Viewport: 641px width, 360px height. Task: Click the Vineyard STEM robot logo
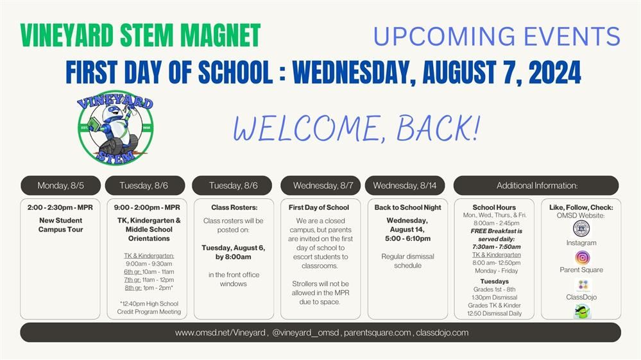(115, 128)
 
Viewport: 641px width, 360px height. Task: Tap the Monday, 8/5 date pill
(60, 185)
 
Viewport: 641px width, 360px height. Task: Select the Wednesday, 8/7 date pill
(321, 185)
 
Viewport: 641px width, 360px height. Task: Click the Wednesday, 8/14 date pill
(405, 185)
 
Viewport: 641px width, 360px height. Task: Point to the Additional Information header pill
(536, 185)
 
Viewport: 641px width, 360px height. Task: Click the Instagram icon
(582, 258)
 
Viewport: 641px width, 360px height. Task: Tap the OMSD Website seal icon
(581, 229)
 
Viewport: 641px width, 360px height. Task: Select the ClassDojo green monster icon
(582, 311)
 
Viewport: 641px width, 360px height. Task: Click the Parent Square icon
(583, 285)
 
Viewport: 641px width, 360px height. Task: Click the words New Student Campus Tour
(60, 225)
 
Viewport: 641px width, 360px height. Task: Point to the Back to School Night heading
(407, 207)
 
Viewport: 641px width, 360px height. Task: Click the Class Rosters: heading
(234, 207)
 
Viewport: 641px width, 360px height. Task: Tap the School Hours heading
(494, 207)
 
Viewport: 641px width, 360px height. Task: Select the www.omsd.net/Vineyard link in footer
(221, 332)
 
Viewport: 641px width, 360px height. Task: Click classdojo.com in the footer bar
(442, 332)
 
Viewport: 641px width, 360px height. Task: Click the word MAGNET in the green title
(220, 35)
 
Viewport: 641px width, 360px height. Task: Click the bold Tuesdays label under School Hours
(494, 282)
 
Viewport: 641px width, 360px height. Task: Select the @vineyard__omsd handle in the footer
(305, 332)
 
